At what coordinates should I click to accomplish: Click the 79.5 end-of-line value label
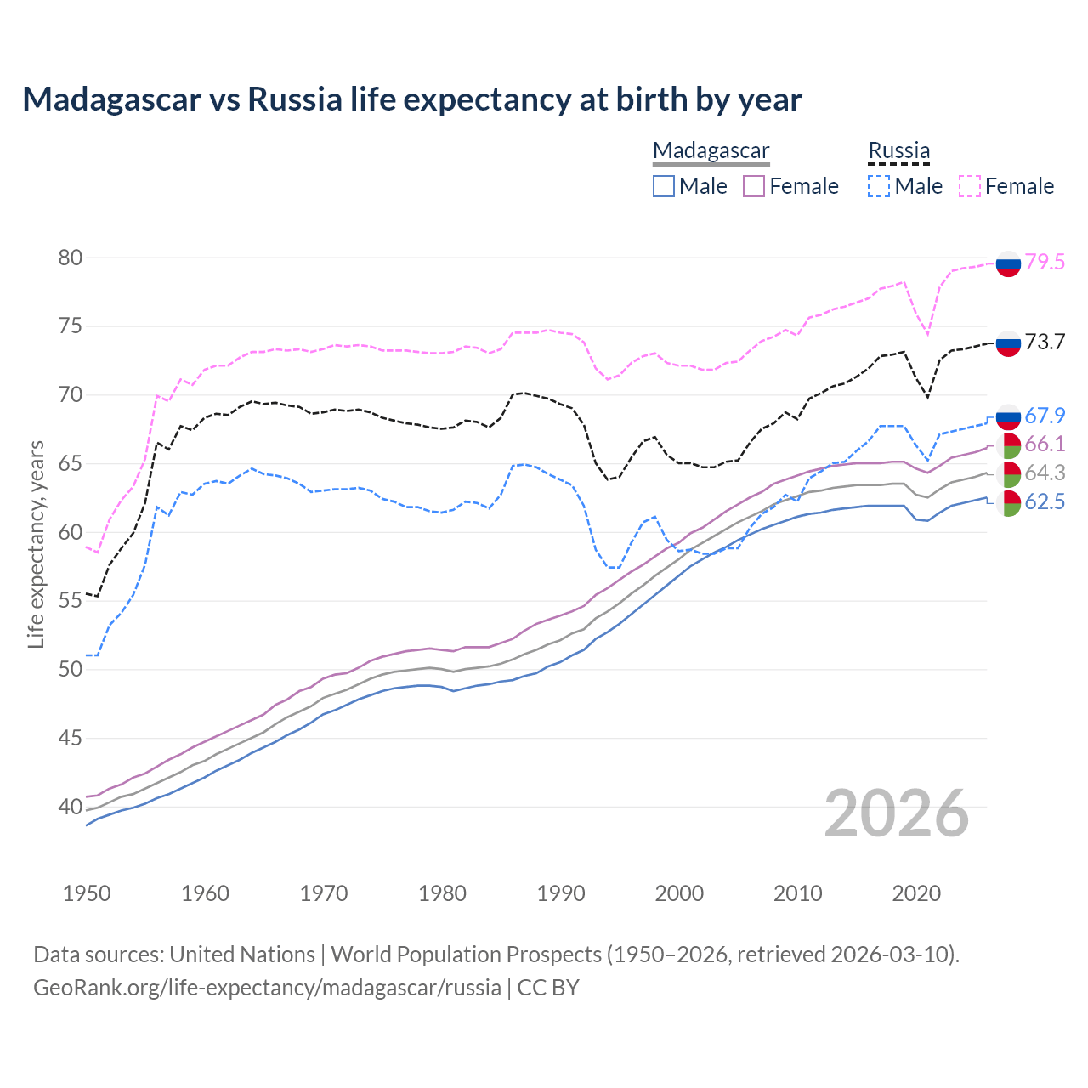coord(1045,262)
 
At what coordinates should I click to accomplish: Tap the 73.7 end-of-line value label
coord(1045,342)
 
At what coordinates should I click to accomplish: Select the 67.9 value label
coord(1045,416)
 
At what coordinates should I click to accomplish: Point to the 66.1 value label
coord(1045,444)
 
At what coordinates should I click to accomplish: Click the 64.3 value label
coord(1045,473)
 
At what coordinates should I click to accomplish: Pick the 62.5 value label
coord(1045,501)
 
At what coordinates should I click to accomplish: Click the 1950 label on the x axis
coord(87,893)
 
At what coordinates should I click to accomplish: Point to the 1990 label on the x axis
coord(561,893)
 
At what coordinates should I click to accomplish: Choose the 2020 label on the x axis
coord(916,893)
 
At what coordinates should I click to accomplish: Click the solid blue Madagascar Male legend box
coord(664,186)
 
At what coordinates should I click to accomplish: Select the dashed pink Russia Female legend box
coord(970,186)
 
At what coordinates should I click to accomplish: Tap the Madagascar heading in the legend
coord(711,150)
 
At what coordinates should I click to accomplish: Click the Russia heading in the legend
coord(898,150)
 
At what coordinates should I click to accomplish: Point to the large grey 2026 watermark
coord(897,813)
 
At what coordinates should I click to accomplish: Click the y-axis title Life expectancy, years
coord(36,544)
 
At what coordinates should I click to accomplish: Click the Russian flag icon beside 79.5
coord(1008,264)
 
